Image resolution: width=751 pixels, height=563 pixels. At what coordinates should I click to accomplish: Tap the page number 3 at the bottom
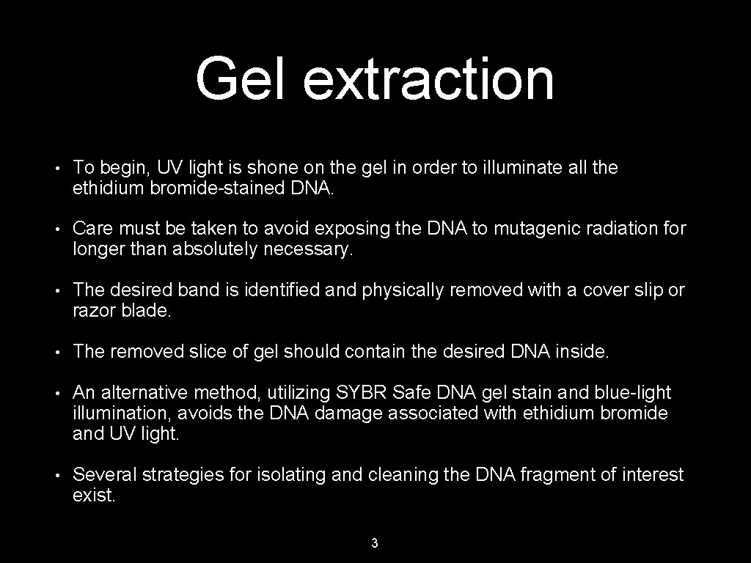tap(375, 543)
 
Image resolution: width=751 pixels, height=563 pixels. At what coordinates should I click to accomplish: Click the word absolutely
tap(215, 250)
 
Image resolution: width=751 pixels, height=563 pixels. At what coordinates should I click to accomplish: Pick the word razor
tap(92, 311)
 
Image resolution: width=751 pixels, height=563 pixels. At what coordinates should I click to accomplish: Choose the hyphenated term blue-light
tap(634, 393)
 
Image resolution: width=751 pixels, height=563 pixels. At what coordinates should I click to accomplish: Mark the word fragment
tap(557, 475)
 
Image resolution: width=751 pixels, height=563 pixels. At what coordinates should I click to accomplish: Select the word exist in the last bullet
tap(94, 496)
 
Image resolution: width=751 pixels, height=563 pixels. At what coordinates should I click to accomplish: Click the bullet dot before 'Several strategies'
tap(56, 475)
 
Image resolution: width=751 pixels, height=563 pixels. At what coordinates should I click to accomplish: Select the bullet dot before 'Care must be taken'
tap(56, 229)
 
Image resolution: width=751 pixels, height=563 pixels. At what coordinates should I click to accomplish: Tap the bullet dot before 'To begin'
tap(56, 168)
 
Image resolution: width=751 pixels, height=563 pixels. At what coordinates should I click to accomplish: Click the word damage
tap(349, 413)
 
